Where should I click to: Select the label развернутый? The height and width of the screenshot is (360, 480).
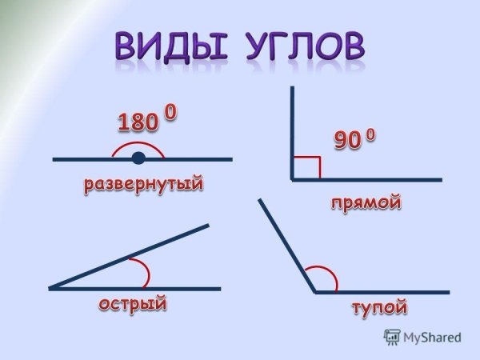[x=144, y=185]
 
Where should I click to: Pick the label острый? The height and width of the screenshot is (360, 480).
[x=134, y=303]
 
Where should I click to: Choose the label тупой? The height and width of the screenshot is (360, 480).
[x=379, y=308]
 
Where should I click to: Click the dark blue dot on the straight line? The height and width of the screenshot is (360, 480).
[x=138, y=158]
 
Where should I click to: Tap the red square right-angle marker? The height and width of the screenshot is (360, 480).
[x=308, y=167]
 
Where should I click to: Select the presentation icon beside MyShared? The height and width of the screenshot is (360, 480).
[x=393, y=337]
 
